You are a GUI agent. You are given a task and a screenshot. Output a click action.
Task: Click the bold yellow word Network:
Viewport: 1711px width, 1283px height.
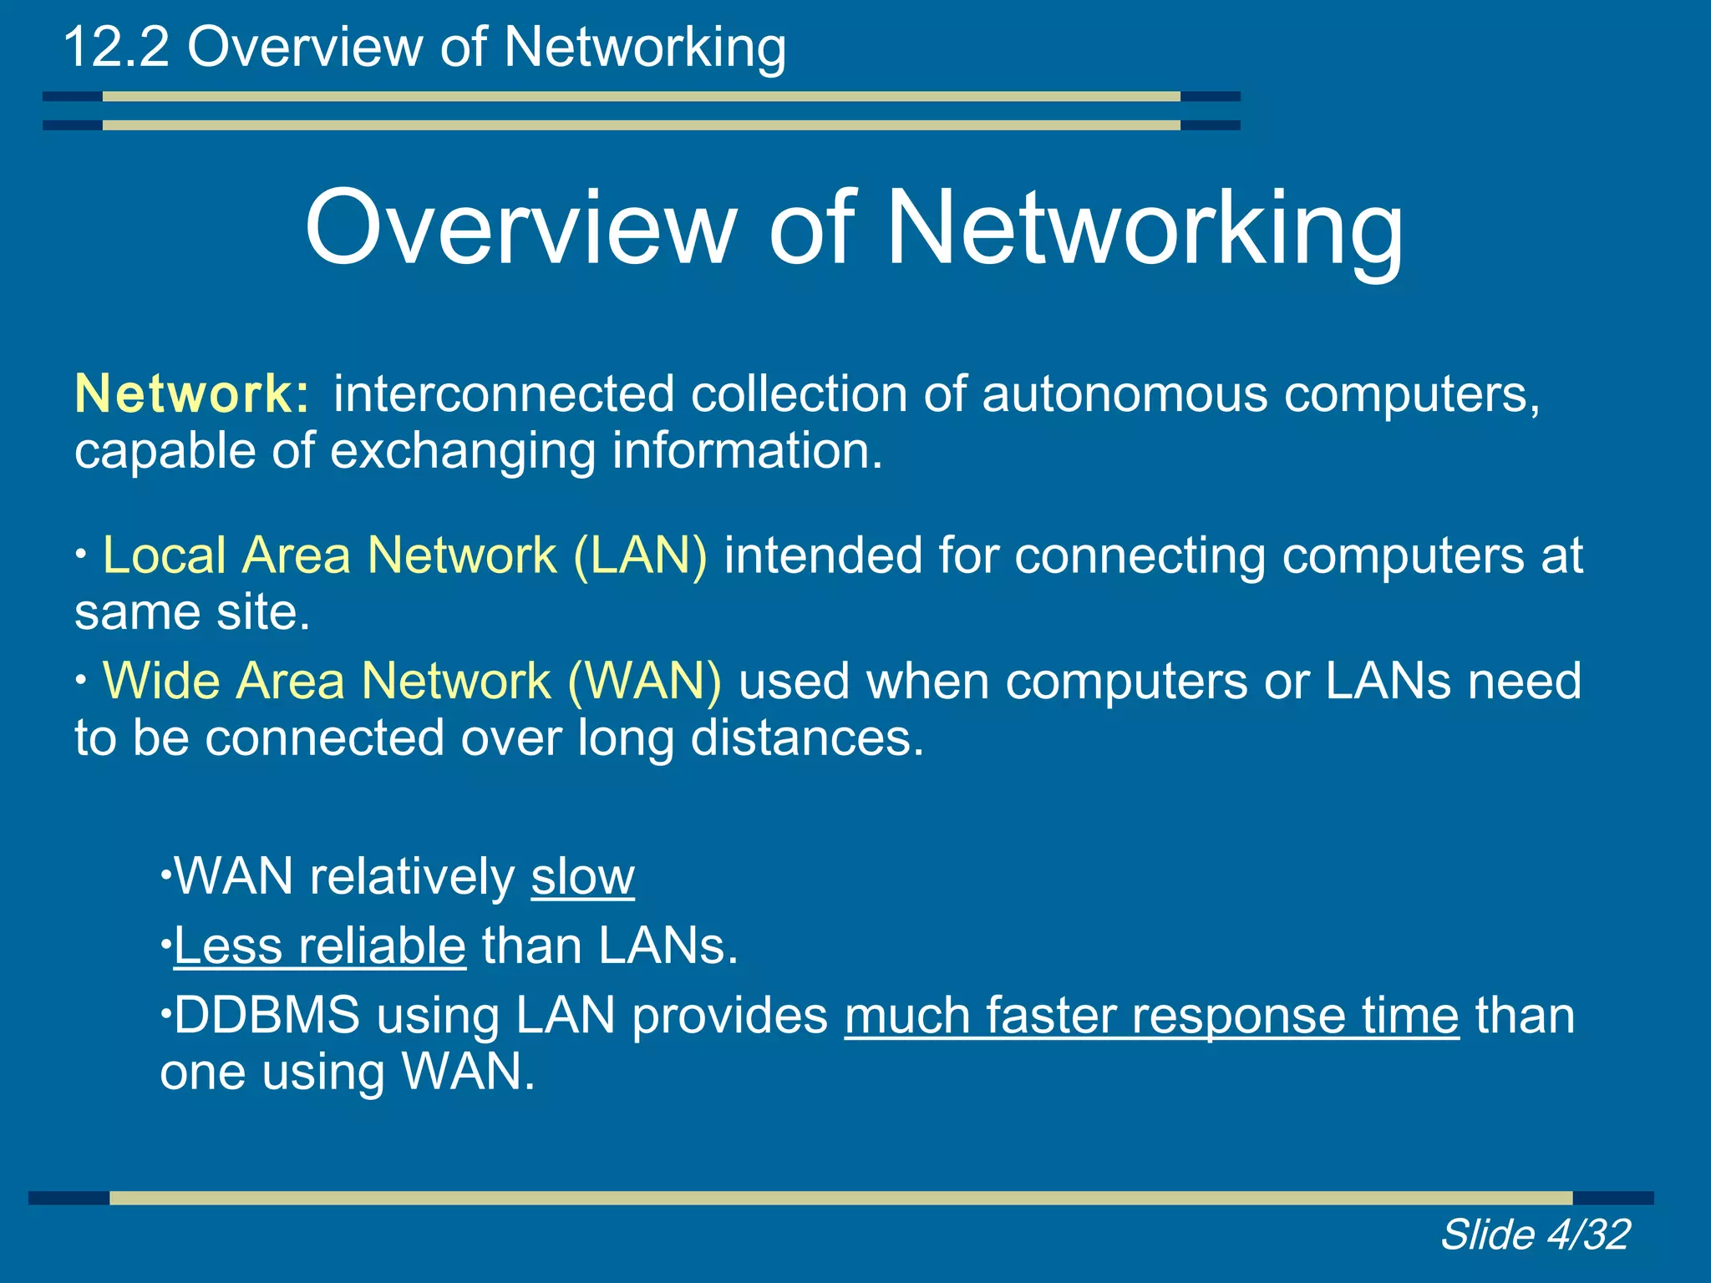(x=192, y=393)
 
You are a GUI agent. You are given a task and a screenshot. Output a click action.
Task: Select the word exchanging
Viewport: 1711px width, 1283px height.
(x=463, y=452)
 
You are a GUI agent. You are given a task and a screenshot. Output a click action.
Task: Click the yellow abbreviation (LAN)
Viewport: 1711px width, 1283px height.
(x=640, y=555)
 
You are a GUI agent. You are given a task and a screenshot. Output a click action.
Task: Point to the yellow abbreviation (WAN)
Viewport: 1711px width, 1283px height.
(x=644, y=681)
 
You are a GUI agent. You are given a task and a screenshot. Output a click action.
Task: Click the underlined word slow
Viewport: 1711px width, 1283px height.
(x=582, y=877)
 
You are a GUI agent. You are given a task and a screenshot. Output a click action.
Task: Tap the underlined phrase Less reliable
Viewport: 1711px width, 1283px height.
(x=319, y=946)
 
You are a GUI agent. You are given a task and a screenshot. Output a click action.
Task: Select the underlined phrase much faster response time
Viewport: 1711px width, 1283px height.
(x=1151, y=1016)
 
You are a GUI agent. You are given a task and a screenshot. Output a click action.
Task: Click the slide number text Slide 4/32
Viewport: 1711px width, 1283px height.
(x=1535, y=1235)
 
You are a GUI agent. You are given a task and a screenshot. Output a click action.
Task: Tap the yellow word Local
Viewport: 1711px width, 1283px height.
(x=164, y=555)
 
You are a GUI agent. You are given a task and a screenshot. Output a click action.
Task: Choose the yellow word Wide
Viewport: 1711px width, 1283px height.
(x=161, y=681)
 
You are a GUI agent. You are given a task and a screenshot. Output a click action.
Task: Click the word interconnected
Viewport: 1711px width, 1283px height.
(x=504, y=393)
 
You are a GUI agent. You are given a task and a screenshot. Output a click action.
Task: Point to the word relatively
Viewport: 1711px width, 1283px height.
(x=413, y=877)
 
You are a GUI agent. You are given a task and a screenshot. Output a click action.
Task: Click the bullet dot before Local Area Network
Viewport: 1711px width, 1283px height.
(x=80, y=553)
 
